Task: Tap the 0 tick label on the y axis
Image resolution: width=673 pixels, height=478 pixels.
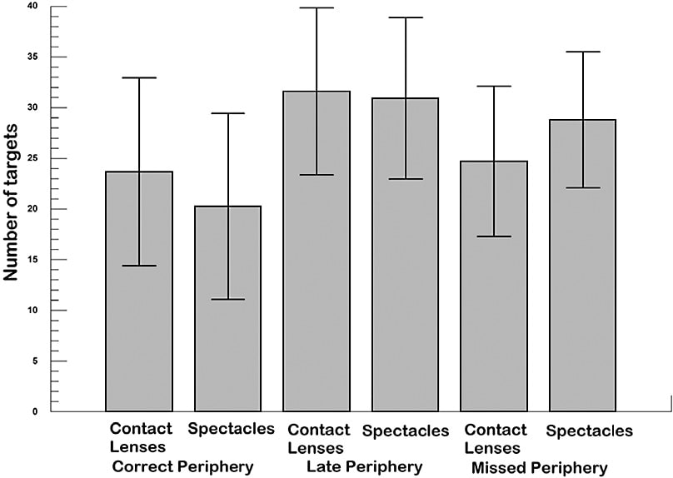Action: coord(36,411)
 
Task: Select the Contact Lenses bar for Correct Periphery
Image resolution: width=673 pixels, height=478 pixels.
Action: coord(138,291)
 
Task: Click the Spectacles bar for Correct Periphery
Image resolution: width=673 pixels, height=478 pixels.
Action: coord(227,308)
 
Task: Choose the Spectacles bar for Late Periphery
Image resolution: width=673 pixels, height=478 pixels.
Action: coord(406,255)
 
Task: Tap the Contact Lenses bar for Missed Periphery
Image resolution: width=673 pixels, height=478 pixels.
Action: coord(494,286)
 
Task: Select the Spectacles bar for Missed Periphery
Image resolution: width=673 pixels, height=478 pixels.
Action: coord(583,266)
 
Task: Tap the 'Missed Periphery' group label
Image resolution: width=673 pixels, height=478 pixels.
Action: coord(539,467)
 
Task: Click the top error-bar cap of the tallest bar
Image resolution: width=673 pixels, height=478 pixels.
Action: coord(317,7)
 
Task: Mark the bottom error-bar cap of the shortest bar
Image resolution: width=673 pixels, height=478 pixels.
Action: coord(227,299)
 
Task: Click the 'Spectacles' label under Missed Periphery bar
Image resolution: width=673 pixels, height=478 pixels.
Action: coord(589,431)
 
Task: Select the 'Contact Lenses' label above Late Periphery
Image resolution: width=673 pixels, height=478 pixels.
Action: coord(318,438)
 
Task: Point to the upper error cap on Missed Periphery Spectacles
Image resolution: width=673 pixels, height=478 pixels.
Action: coord(583,52)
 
